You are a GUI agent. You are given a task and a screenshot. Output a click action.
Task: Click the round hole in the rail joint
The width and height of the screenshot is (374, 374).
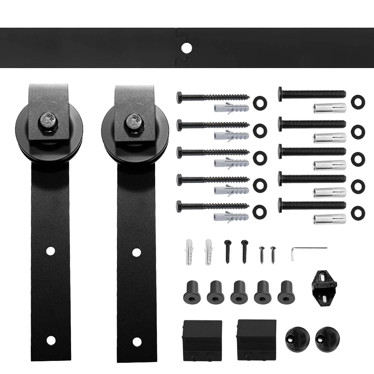[186, 47]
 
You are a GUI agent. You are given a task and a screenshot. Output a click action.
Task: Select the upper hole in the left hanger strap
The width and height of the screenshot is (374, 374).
[50, 251]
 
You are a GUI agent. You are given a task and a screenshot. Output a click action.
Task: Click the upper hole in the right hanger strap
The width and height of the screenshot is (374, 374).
[137, 252]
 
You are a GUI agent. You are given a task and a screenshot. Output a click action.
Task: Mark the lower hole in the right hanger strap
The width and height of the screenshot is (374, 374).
[137, 341]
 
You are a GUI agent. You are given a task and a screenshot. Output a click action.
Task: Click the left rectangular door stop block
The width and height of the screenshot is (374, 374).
[202, 339]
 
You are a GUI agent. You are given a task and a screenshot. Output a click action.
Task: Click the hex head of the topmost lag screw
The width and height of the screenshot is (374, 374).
[180, 98]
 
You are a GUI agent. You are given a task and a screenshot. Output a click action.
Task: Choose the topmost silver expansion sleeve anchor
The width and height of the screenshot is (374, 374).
[329, 108]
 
